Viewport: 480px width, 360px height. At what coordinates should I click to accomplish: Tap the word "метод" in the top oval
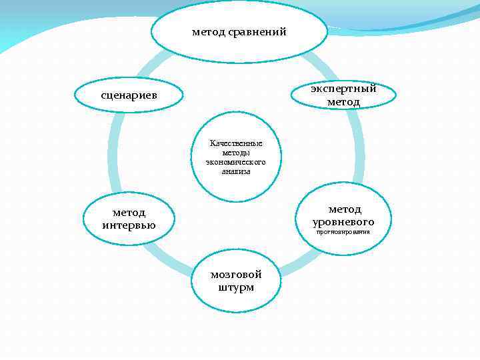208,31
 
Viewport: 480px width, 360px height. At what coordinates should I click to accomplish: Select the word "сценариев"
129,95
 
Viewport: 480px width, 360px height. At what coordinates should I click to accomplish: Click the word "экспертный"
343,89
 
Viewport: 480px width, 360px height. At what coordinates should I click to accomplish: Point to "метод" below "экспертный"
343,102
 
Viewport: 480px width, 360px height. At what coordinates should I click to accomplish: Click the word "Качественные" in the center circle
236,143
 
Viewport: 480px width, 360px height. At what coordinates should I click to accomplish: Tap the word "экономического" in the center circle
236,162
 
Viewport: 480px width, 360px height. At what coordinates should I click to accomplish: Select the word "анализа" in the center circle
236,171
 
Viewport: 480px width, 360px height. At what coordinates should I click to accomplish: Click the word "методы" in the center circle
236,153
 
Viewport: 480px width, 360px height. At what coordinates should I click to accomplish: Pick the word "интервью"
129,225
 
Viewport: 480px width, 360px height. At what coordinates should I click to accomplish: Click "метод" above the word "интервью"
129,212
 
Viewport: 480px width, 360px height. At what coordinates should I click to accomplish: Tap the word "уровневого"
343,221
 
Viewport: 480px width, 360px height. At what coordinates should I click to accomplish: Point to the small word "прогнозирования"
343,232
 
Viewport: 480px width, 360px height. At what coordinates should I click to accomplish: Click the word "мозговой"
236,274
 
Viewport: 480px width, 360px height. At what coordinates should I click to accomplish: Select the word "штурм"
236,287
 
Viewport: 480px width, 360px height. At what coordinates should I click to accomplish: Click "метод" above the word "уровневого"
345,209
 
